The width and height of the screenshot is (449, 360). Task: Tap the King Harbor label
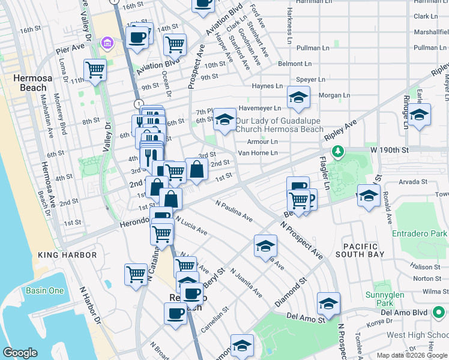click(x=67, y=255)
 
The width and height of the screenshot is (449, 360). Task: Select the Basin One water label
click(x=44, y=290)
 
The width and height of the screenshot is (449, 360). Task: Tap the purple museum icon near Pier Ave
click(x=107, y=43)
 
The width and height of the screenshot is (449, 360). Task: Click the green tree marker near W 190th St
click(x=339, y=151)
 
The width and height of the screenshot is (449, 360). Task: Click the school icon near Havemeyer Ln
click(x=298, y=97)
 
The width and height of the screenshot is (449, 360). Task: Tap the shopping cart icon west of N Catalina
click(x=136, y=274)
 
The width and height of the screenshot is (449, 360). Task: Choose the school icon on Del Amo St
click(x=328, y=304)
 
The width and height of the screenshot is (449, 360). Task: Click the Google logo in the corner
click(x=20, y=353)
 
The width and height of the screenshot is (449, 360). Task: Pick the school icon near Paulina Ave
click(x=265, y=245)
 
